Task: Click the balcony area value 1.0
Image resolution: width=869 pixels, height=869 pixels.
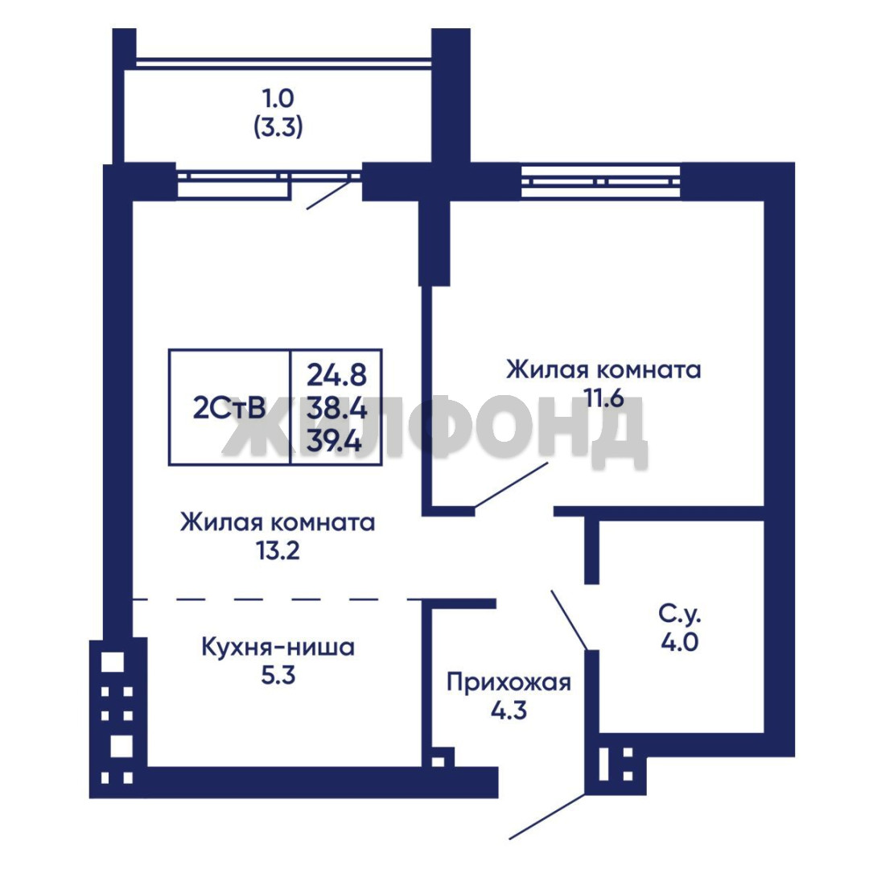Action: point(278,99)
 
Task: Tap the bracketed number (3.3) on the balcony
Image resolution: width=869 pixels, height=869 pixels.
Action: point(278,128)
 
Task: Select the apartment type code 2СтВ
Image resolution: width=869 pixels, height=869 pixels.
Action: point(229,409)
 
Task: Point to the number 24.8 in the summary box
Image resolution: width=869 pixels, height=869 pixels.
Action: point(336,375)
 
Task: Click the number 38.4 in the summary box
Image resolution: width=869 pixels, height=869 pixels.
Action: point(336,409)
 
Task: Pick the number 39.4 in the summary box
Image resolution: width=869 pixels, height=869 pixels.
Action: point(334,442)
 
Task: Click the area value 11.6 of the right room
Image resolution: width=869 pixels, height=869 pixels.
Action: point(603,398)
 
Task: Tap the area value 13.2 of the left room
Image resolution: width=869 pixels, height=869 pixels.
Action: point(278,551)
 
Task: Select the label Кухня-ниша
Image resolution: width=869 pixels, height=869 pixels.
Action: point(278,647)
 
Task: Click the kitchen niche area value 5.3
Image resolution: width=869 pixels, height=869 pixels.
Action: point(278,676)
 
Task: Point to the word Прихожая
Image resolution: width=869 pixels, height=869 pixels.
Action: point(509,682)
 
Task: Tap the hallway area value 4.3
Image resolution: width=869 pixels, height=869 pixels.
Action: point(509,710)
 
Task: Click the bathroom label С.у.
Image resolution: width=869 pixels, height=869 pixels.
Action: point(680,613)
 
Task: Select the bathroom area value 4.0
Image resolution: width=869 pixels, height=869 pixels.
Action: point(680,642)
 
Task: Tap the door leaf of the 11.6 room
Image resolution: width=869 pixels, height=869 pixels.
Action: point(511,485)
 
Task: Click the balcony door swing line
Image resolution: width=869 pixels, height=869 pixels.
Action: point(329,192)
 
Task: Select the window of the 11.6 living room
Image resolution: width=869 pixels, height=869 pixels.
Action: point(601,181)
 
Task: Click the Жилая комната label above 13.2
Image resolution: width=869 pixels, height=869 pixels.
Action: point(278,523)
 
